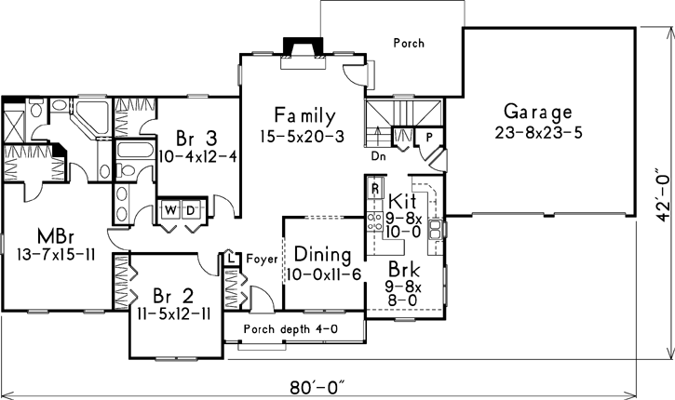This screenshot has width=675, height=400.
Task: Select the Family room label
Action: click(304, 116)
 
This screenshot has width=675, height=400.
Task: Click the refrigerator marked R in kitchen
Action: click(374, 189)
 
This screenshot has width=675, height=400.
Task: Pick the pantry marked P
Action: click(429, 136)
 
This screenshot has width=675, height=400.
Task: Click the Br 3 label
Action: click(190, 136)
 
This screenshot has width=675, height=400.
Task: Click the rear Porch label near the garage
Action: click(410, 43)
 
